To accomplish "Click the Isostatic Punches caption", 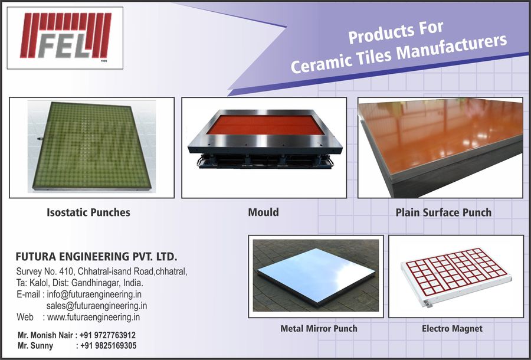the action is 88,212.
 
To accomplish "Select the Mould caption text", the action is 264,212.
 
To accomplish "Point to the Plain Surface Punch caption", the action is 444,212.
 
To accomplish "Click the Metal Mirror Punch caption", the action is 319,328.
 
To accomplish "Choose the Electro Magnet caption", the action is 452,328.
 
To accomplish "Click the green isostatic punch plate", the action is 91,146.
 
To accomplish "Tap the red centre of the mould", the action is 265,125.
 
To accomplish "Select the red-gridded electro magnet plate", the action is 456,276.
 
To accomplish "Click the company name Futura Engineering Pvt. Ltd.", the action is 97,256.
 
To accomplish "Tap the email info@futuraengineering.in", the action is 94,294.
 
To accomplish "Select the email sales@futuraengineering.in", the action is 97,306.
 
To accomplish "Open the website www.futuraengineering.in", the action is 93,317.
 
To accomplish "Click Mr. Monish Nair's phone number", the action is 108,335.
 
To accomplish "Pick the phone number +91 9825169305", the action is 109,346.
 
